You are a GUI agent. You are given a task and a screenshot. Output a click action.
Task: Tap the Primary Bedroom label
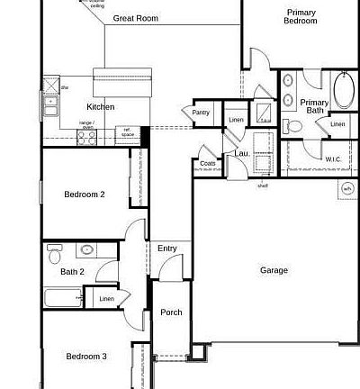pyautogui.click(x=301, y=16)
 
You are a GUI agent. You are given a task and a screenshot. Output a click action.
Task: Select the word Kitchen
pyautogui.click(x=100, y=107)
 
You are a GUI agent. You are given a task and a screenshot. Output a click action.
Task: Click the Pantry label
pyautogui.click(x=201, y=113)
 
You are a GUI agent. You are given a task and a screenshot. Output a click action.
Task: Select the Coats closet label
pyautogui.click(x=208, y=164)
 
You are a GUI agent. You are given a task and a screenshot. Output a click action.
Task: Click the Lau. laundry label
pyautogui.click(x=242, y=153)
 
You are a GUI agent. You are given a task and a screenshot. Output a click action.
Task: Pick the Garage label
pyautogui.click(x=274, y=270)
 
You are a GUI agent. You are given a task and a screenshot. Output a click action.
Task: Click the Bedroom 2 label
pyautogui.click(x=85, y=194)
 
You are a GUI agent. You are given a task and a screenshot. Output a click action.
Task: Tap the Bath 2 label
pyautogui.click(x=72, y=271)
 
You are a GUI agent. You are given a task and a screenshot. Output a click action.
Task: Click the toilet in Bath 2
pyautogui.click(x=55, y=252)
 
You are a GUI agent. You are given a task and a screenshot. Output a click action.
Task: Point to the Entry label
pyautogui.click(x=167, y=249)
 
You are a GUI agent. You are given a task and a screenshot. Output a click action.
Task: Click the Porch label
pyautogui.click(x=171, y=312)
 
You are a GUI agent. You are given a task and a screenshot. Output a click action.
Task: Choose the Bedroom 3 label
pyautogui.click(x=86, y=357)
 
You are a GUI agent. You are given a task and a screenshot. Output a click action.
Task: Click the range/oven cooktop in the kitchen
pyautogui.click(x=87, y=136)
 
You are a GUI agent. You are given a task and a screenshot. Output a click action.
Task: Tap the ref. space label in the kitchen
pyautogui.click(x=128, y=133)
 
